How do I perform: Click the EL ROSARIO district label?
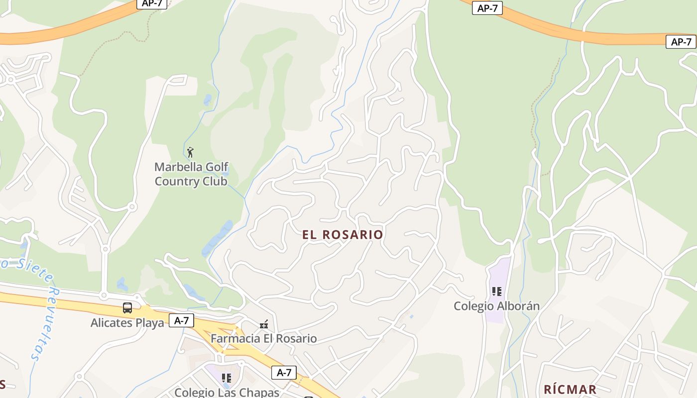pyautogui.click(x=343, y=235)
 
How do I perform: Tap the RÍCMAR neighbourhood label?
pyautogui.click(x=570, y=390)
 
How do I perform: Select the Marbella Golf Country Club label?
pyautogui.click(x=191, y=174)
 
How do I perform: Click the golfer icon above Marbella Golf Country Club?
pyautogui.click(x=190, y=152)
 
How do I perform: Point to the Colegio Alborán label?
pyautogui.click(x=496, y=306)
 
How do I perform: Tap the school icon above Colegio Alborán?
pyautogui.click(x=496, y=292)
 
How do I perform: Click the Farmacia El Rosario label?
pyautogui.click(x=263, y=339)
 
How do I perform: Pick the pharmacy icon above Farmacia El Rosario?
pyautogui.click(x=264, y=325)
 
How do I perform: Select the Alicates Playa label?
pyautogui.click(x=127, y=323)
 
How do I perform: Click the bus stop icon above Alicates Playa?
pyautogui.click(x=127, y=308)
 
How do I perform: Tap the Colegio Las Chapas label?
pyautogui.click(x=227, y=392)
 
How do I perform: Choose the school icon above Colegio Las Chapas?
pyautogui.click(x=227, y=378)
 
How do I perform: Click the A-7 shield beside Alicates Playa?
pyautogui.click(x=181, y=320)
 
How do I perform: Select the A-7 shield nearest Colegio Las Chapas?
pyautogui.click(x=284, y=372)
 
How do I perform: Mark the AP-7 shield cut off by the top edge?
pyautogui.click(x=152, y=3)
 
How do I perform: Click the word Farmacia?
pyautogui.click(x=235, y=339)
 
